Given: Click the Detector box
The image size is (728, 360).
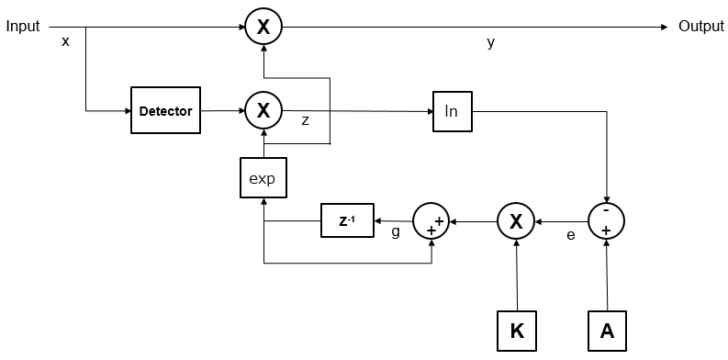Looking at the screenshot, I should click(165, 111).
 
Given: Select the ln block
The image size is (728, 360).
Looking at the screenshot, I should click(451, 111).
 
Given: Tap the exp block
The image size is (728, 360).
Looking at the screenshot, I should click(263, 178).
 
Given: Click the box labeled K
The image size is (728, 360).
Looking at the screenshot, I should click(518, 331).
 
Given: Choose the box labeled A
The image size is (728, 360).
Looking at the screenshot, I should click(606, 331).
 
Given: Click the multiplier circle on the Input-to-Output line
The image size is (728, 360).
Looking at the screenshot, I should click(263, 28).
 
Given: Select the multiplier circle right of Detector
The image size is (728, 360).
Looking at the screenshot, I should click(263, 111).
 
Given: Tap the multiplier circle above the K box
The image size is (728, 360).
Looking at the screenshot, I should click(517, 221).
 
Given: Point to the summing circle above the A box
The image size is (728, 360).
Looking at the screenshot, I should click(606, 221).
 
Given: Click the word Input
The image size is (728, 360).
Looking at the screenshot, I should click(23, 27).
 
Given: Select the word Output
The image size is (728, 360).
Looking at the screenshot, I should click(701, 27).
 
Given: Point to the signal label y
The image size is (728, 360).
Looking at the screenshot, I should click(491, 43).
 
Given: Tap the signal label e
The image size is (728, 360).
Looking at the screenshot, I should click(570, 235).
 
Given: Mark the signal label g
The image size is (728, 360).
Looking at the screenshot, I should click(396, 232).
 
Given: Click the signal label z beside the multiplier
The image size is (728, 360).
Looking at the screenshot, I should click(306, 120).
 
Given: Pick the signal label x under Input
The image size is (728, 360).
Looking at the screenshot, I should click(65, 42).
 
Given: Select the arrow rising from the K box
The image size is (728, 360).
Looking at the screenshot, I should click(517, 276).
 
